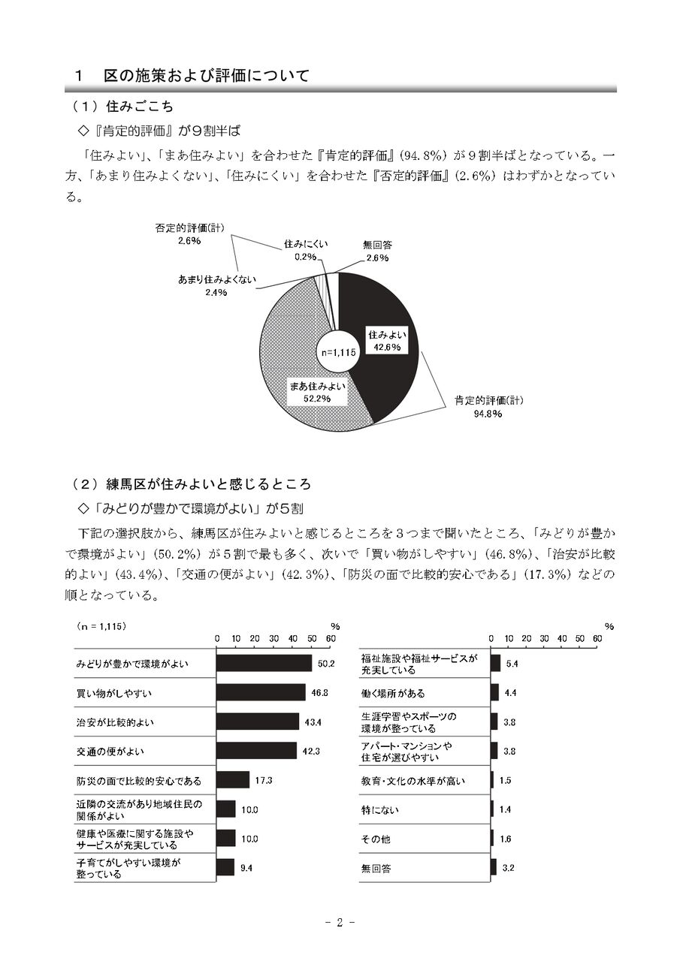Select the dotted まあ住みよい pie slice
[289, 353]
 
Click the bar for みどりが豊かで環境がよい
[264, 664]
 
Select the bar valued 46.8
[261, 692]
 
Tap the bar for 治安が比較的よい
[258, 722]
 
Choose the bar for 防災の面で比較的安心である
[233, 780]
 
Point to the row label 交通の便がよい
[110, 751]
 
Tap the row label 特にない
[380, 810]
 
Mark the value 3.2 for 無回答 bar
[509, 868]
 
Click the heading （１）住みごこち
[122, 107]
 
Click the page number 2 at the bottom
[340, 923]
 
